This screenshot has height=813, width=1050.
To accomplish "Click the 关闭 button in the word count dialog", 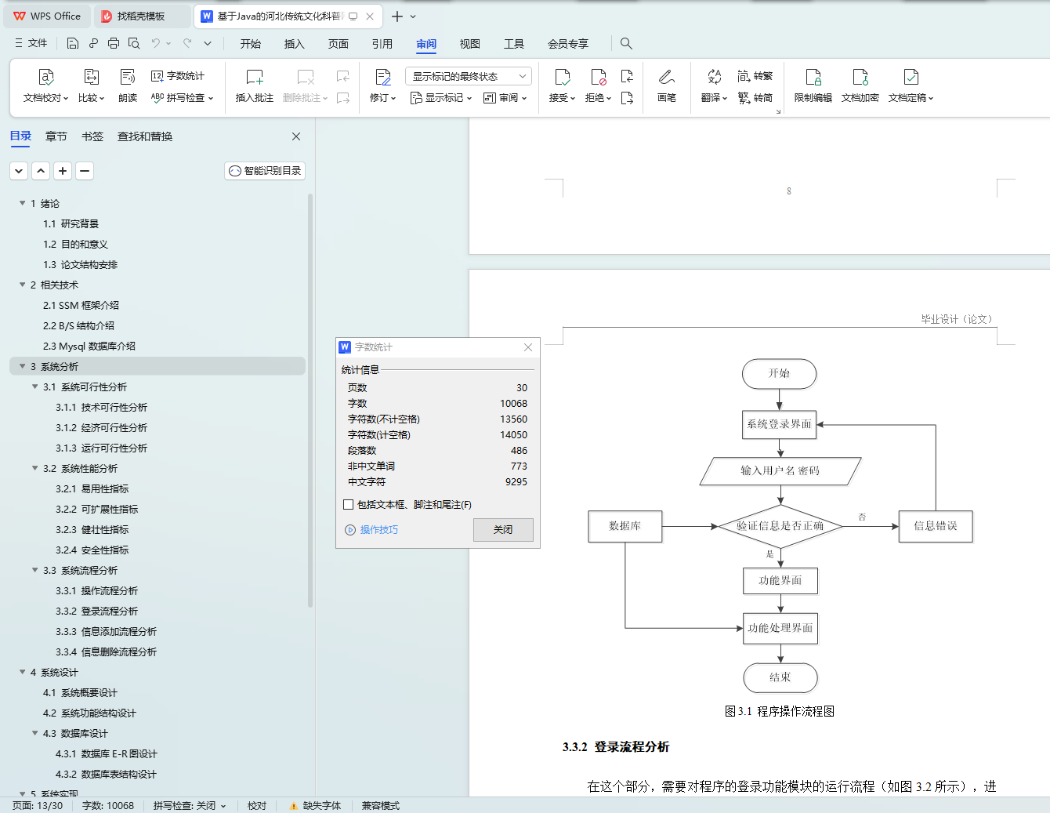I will click(503, 530).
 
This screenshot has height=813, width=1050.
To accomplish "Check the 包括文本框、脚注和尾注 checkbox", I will click(349, 505).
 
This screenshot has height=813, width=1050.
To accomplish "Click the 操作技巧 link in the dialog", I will click(378, 530).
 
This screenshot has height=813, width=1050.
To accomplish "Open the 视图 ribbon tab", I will click(469, 44).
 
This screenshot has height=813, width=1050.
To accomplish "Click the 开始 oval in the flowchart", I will click(779, 374).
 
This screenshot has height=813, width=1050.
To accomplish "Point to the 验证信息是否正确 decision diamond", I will click(780, 526).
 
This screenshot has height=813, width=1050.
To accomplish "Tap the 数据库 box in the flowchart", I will click(625, 526).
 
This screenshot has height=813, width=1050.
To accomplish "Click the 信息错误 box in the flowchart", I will click(935, 526).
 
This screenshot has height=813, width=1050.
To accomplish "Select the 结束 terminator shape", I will click(780, 677).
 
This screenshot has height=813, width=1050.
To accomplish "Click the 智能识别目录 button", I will click(265, 171).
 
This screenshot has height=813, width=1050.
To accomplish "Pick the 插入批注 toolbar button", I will click(255, 85).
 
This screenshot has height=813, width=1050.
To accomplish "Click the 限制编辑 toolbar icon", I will click(813, 85).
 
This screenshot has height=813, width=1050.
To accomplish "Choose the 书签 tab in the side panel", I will click(92, 136).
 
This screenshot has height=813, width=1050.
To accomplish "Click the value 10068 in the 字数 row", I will click(513, 404).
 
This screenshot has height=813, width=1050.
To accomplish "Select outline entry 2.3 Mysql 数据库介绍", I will click(89, 347).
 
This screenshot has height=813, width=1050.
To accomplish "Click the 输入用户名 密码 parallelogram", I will click(780, 471).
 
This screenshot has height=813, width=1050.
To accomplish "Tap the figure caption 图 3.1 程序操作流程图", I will click(779, 711).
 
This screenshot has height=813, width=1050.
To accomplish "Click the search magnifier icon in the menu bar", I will click(626, 44).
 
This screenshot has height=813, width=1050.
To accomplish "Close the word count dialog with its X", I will click(528, 347).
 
